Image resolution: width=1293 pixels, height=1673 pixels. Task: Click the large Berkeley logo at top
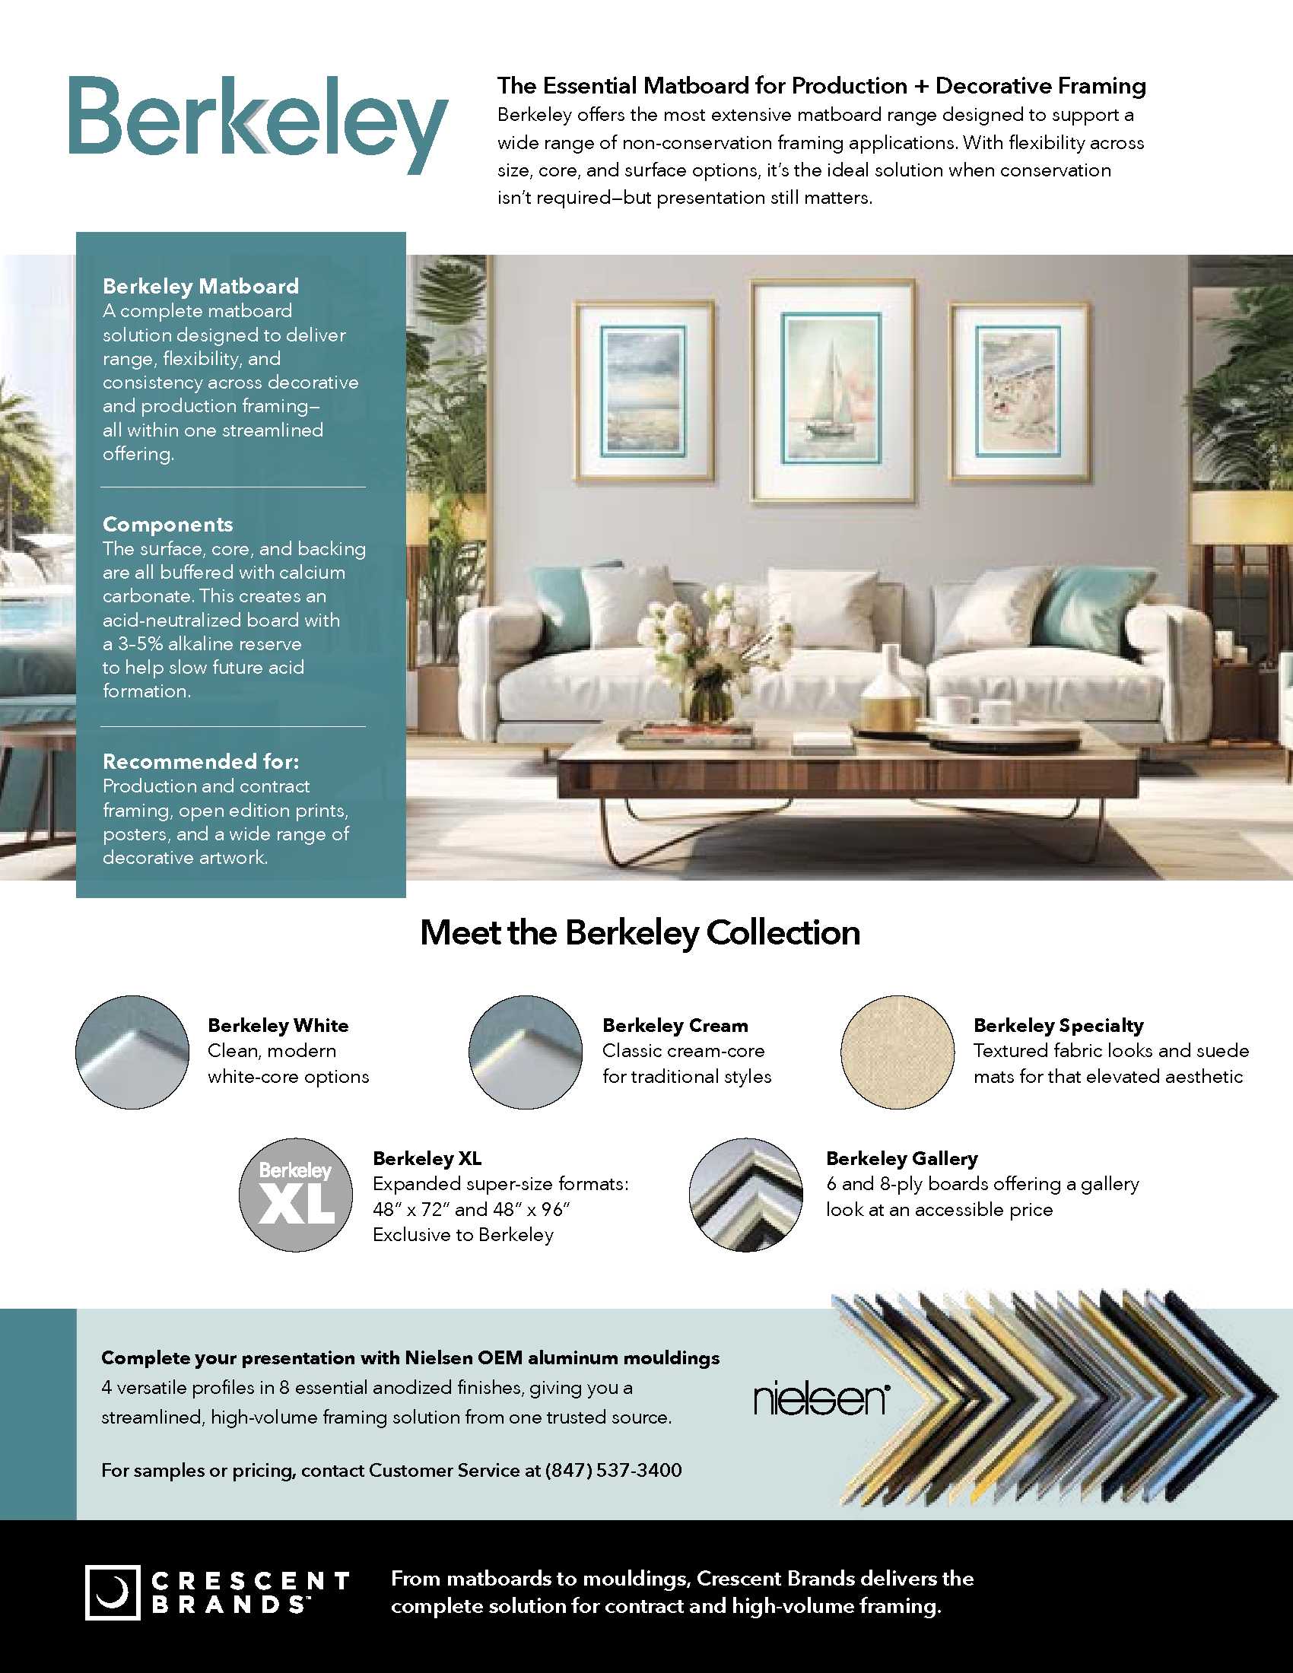[x=257, y=125]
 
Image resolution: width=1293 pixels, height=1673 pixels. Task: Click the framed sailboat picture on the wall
[x=832, y=394]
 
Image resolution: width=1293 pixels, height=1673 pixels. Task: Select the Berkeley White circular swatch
[x=132, y=1052]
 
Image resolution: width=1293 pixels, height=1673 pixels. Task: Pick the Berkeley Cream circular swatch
[x=526, y=1052]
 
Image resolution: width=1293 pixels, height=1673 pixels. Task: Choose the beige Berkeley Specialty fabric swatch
[x=897, y=1052]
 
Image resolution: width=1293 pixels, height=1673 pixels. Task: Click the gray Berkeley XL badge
[x=296, y=1194]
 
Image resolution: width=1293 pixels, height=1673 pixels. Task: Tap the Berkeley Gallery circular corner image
[x=745, y=1194]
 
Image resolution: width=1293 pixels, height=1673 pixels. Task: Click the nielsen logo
[x=820, y=1399]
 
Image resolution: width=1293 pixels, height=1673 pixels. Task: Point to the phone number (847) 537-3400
[x=613, y=1470]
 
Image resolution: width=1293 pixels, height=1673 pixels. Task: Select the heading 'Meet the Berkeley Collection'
[x=640, y=932]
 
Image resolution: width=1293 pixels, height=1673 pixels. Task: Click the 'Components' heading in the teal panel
[x=168, y=525]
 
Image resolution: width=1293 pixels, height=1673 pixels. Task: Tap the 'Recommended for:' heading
[x=201, y=761]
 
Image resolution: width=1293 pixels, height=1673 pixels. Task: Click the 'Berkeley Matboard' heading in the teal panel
[x=201, y=287]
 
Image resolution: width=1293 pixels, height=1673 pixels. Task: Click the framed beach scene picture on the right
[x=1018, y=391]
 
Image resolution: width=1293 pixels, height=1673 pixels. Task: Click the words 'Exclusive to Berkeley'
[x=462, y=1235]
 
